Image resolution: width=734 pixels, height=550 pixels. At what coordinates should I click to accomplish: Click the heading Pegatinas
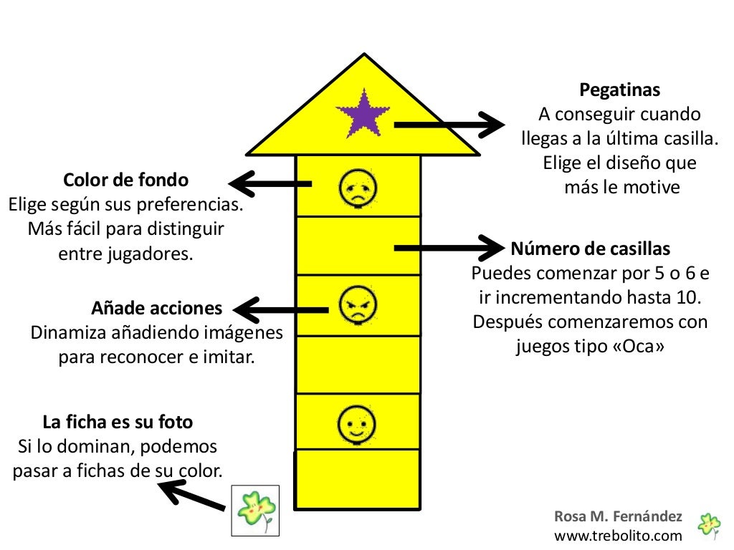pyautogui.click(x=619, y=91)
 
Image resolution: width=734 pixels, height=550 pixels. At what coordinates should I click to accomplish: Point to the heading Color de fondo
pyautogui.click(x=126, y=179)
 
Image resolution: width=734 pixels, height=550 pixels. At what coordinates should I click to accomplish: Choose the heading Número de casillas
pyautogui.click(x=591, y=249)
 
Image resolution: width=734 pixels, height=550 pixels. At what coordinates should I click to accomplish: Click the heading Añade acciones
pyautogui.click(x=157, y=309)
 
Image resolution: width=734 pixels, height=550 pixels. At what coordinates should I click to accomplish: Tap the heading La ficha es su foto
pyautogui.click(x=118, y=422)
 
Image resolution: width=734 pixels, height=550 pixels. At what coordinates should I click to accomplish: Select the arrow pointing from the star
pyautogui.click(x=449, y=125)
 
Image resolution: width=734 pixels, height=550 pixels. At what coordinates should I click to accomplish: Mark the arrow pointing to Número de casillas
pyautogui.click(x=449, y=248)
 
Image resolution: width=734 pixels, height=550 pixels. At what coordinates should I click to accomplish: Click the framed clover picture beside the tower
pyautogui.click(x=255, y=510)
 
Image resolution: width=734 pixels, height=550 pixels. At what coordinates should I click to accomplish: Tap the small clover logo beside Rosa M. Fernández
pyautogui.click(x=709, y=526)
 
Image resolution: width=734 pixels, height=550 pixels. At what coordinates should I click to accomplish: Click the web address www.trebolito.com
pyautogui.click(x=618, y=535)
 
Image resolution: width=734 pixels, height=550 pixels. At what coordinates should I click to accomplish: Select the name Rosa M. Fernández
pyautogui.click(x=618, y=517)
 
